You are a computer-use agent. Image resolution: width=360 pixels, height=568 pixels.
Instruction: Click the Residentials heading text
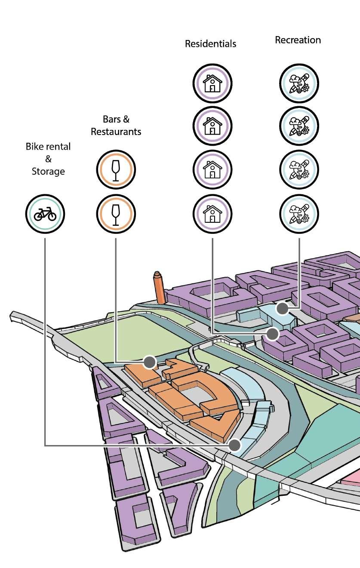[210, 44]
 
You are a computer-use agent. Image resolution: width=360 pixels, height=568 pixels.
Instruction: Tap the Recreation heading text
[298, 40]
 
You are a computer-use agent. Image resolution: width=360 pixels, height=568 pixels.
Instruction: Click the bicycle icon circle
[45, 214]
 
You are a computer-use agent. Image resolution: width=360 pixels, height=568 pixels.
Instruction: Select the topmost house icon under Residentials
[212, 83]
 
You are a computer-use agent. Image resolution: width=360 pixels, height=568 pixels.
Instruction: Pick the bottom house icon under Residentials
[212, 214]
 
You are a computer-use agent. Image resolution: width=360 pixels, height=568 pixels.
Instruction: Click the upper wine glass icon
[116, 170]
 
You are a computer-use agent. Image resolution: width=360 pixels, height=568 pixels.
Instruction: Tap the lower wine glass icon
[116, 214]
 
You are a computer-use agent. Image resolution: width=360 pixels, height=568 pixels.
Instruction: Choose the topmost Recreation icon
[299, 83]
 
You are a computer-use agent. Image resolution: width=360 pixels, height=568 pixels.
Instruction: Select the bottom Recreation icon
[299, 214]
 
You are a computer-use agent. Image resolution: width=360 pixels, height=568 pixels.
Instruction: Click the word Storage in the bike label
[48, 171]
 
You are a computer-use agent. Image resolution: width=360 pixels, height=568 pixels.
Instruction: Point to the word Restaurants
[116, 132]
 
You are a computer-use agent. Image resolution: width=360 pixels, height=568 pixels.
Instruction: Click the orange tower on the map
[159, 288]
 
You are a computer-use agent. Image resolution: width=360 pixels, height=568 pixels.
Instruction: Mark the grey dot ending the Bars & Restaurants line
[149, 362]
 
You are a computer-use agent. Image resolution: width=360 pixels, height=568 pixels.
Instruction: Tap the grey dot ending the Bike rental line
[234, 445]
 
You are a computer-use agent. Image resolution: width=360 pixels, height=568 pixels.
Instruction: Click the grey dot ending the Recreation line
[282, 308]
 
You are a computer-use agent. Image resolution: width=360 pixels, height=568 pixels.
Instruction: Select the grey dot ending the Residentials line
[272, 333]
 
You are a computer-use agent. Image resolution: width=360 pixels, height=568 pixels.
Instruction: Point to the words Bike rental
[48, 146]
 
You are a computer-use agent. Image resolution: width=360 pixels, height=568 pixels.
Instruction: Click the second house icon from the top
[212, 126]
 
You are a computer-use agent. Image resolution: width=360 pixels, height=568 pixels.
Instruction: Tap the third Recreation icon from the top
[299, 170]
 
